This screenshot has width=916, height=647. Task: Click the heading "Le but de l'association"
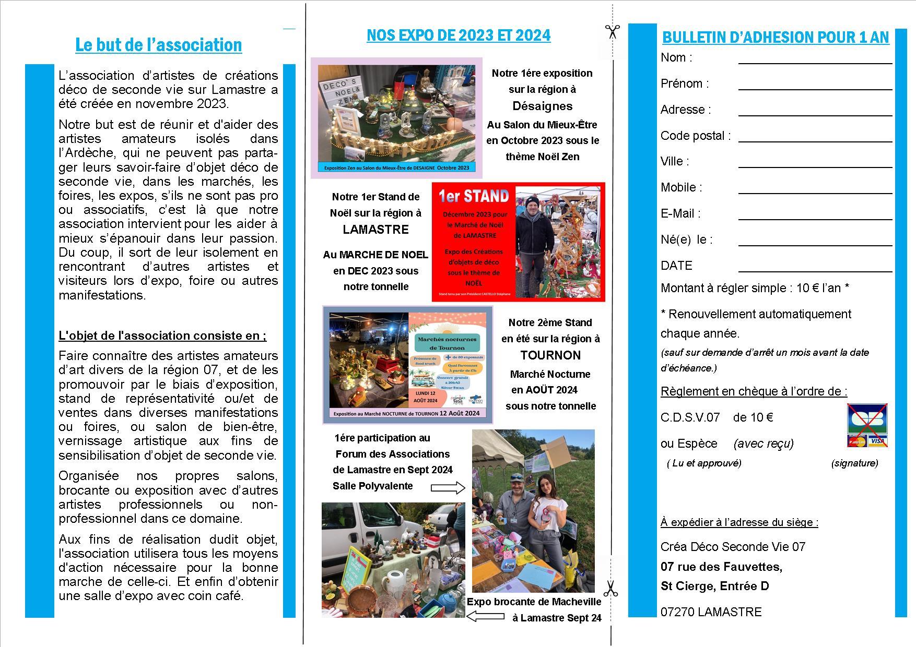click(x=158, y=45)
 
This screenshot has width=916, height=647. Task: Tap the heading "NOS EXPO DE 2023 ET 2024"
click(x=458, y=35)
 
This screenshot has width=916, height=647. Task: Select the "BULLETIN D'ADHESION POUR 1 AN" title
click(x=775, y=38)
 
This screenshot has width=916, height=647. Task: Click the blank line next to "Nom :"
click(x=815, y=60)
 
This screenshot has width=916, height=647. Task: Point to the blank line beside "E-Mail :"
click(x=815, y=216)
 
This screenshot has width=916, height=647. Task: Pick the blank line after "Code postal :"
click(x=815, y=138)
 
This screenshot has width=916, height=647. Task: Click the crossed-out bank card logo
click(x=867, y=425)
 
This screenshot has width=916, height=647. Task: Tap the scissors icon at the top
click(x=612, y=31)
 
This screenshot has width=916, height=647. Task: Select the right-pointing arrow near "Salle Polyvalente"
click(x=448, y=488)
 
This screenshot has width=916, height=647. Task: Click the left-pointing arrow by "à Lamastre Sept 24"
click(x=484, y=616)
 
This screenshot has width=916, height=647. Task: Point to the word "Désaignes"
click(x=542, y=106)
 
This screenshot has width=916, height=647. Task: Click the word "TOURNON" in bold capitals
click(x=550, y=355)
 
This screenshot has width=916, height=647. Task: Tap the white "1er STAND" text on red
click(x=473, y=196)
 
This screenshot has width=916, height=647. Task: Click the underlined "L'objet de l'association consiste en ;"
click(x=162, y=336)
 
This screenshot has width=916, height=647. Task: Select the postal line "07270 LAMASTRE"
click(x=711, y=612)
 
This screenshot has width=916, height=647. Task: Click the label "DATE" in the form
click(x=676, y=266)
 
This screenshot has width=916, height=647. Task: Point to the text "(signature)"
click(x=854, y=463)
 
